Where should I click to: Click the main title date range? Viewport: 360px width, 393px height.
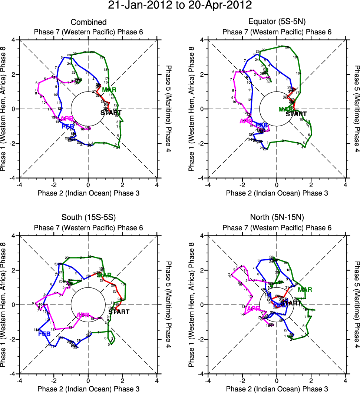[x=180, y=6]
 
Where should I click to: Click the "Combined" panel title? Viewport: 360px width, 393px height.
[x=88, y=23]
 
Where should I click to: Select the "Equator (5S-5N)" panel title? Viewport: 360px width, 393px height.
[x=277, y=23]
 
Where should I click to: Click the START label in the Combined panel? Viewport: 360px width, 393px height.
[x=111, y=113]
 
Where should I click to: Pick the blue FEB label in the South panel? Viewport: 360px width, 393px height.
[x=44, y=334]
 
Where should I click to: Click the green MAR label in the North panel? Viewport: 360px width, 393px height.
[x=305, y=290]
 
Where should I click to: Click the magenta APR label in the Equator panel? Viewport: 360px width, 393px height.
[x=246, y=121]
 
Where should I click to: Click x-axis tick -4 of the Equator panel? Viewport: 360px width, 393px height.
[x=208, y=184]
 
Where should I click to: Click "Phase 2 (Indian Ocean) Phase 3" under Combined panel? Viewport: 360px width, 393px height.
[x=88, y=193]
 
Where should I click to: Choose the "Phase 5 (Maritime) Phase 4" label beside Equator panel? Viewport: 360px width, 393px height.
[x=356, y=109]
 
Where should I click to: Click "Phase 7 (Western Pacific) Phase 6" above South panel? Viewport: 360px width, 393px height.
[x=88, y=227]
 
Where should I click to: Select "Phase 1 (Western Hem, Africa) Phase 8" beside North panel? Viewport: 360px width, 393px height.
[x=192, y=304]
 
